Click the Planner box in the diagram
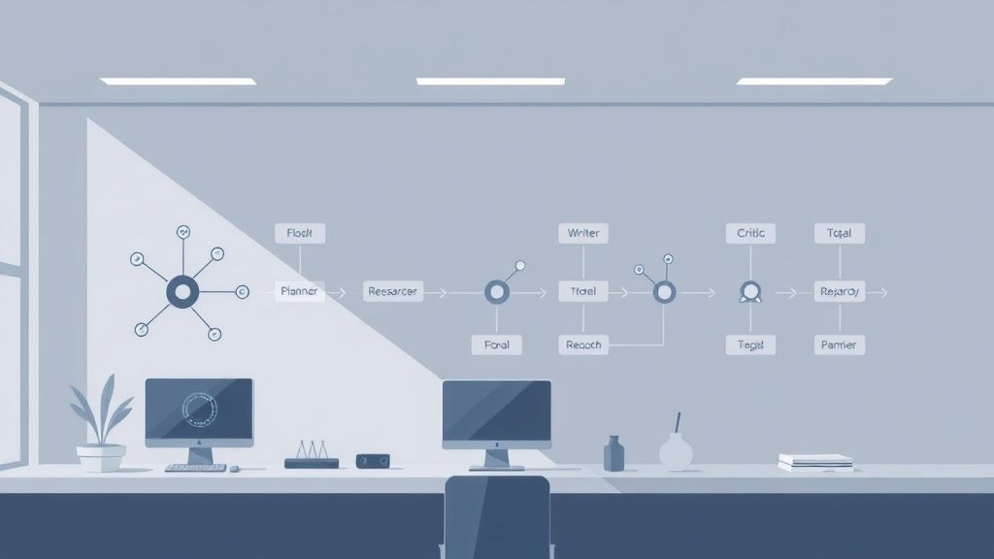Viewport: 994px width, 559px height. point(299,291)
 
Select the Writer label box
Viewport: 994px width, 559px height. point(583,233)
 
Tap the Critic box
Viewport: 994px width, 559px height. point(750,233)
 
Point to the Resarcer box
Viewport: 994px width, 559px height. point(393,291)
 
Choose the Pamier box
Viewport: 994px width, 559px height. point(839,345)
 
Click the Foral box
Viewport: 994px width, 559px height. point(496,345)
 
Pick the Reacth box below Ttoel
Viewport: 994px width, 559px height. point(583,345)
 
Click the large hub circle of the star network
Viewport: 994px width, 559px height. point(182,290)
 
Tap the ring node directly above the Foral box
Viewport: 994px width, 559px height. point(496,290)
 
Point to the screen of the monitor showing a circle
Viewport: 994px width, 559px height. point(199,410)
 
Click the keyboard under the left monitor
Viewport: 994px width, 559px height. point(195,468)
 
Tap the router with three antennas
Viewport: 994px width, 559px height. point(312,458)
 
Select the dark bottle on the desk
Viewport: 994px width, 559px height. point(613,453)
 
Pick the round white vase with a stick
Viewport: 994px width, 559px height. point(676,448)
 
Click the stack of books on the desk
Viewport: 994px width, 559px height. point(815,462)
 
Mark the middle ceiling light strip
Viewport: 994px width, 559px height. point(490,82)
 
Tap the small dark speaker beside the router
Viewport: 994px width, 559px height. point(373,460)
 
